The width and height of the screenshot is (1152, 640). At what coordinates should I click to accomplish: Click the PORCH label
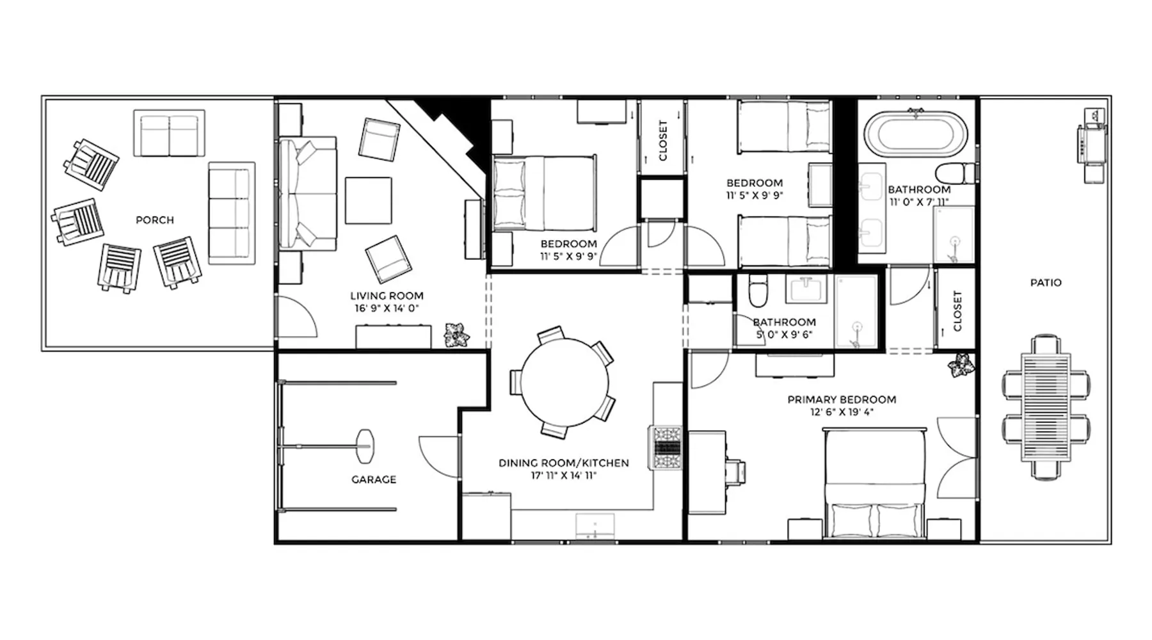pyautogui.click(x=155, y=220)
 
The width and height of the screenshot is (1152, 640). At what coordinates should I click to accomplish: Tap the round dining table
pyautogui.click(x=565, y=382)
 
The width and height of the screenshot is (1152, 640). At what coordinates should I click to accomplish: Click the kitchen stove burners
pyautogui.click(x=666, y=447)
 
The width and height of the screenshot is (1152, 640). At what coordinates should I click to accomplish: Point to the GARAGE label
pyautogui.click(x=374, y=479)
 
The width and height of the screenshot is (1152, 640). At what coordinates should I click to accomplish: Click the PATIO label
pyautogui.click(x=1046, y=282)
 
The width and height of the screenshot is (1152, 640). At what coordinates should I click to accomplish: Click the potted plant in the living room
pyautogui.click(x=457, y=335)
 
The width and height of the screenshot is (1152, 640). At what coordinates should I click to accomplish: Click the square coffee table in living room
pyautogui.click(x=368, y=200)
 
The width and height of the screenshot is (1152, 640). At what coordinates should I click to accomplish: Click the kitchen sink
pyautogui.click(x=595, y=527)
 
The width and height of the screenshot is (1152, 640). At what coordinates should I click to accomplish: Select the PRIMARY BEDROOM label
pyautogui.click(x=842, y=399)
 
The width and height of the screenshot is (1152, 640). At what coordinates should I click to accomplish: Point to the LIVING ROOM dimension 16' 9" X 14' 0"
pyautogui.click(x=387, y=308)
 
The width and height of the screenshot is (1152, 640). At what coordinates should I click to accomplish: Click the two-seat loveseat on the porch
pyautogui.click(x=170, y=133)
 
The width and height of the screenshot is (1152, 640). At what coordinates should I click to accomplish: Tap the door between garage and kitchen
pyautogui.click(x=439, y=455)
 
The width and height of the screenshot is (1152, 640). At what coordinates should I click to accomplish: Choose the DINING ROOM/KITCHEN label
pyautogui.click(x=564, y=463)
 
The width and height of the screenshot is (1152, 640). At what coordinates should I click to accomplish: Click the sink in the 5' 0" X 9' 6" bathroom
pyautogui.click(x=806, y=289)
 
